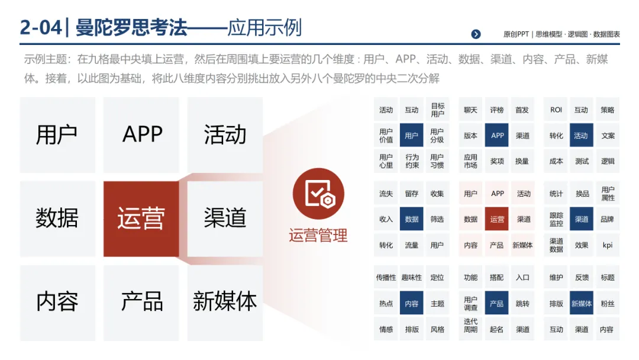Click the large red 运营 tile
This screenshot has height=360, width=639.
141,218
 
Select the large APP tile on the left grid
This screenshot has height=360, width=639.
142,135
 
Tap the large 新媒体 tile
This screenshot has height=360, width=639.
225,302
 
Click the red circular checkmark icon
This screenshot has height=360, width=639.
318,194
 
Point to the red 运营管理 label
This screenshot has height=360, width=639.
318,236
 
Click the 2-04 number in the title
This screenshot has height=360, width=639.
40,27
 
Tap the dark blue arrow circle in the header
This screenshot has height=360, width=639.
476,34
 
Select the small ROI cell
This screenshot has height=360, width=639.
556,110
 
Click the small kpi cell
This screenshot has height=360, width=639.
608,245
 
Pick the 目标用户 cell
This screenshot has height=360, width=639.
437,110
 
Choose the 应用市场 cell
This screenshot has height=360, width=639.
470,161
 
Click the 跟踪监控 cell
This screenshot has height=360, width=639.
556,220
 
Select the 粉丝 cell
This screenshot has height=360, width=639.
608,304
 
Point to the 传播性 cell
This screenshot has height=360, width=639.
386,278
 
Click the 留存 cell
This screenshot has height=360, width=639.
412,194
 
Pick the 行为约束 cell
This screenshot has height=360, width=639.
412,161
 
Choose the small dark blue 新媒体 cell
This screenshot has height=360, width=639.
582,304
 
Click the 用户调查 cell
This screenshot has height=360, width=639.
470,304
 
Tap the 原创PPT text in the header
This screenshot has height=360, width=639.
516,34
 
